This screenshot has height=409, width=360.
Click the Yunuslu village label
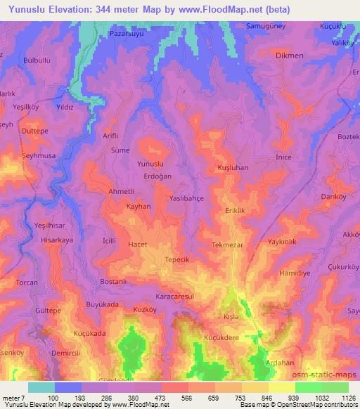pos(140,163)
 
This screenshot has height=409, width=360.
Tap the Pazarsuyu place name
pos(127,33)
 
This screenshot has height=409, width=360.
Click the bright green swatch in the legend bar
pos(308,387)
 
